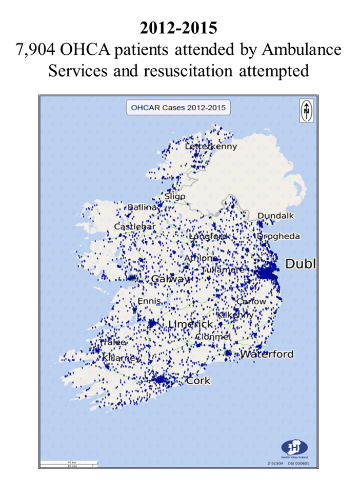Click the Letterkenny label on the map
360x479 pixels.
[211, 147]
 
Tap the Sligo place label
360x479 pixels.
[175, 197]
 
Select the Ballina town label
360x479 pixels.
[141, 207]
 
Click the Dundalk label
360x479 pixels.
[276, 216]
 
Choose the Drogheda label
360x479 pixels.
[278, 237]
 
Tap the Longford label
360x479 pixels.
[208, 237]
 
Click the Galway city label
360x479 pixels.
[171, 279]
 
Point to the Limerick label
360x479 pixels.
[191, 325]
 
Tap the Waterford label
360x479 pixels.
[267, 354]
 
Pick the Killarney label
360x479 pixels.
[121, 358]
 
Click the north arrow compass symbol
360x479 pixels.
[306, 110]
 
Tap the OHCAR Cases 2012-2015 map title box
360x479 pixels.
[178, 108]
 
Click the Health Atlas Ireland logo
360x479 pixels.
[294, 447]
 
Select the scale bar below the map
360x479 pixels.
[67, 464]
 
